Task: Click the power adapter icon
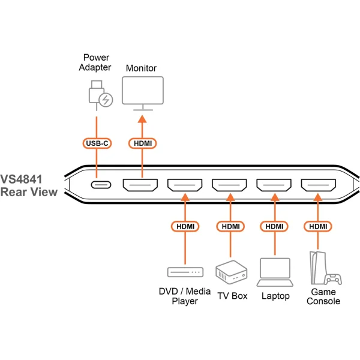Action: click(98, 95)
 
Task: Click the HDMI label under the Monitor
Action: click(142, 143)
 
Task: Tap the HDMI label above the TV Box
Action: click(230, 227)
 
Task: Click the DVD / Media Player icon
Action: click(185, 272)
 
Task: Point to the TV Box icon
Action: click(229, 271)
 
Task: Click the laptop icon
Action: click(274, 272)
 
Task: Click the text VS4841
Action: click(28, 178)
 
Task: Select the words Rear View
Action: click(29, 192)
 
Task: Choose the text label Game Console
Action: click(323, 296)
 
